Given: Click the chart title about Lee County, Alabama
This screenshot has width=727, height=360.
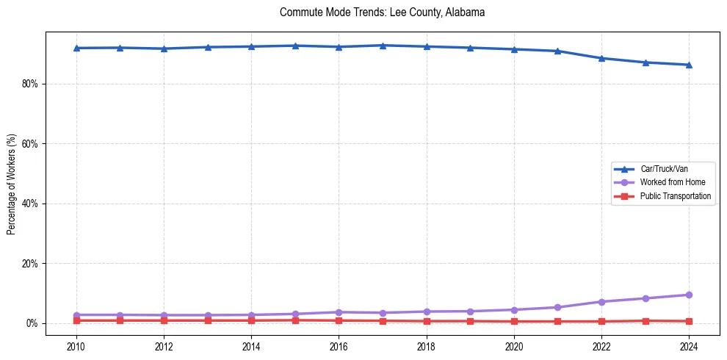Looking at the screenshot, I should [382, 12].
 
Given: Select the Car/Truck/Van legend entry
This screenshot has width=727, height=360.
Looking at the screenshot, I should [663, 169].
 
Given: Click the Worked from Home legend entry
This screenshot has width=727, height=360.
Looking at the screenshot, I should [668, 182].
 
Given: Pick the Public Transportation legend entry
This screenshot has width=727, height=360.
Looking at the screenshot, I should [675, 196].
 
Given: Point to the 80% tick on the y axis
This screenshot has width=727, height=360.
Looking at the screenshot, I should [30, 84].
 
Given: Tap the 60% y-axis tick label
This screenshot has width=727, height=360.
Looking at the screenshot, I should [30, 144].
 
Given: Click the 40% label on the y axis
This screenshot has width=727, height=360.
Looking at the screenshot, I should [30, 204].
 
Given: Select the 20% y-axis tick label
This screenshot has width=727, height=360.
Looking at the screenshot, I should [30, 264].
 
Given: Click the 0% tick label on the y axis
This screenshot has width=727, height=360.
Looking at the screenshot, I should [32, 323].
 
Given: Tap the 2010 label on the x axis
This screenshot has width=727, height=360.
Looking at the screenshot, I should [76, 345].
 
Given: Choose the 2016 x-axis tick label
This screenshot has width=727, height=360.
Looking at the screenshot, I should [339, 345].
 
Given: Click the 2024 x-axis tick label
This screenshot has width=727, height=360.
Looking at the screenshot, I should [689, 345].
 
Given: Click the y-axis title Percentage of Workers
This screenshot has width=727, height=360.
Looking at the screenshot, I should [11, 184].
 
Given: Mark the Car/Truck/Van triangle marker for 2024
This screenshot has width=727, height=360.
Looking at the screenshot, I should [689, 65].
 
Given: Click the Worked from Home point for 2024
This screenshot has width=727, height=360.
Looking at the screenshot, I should [689, 295].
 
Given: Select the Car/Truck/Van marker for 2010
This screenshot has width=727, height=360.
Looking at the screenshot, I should [76, 48].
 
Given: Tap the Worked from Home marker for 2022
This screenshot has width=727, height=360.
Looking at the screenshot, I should [601, 302].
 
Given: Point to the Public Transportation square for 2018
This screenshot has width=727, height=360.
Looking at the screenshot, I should [427, 321].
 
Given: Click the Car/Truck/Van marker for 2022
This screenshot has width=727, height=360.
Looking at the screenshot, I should [601, 58].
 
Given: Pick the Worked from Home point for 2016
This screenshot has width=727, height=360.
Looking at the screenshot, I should [339, 312].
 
